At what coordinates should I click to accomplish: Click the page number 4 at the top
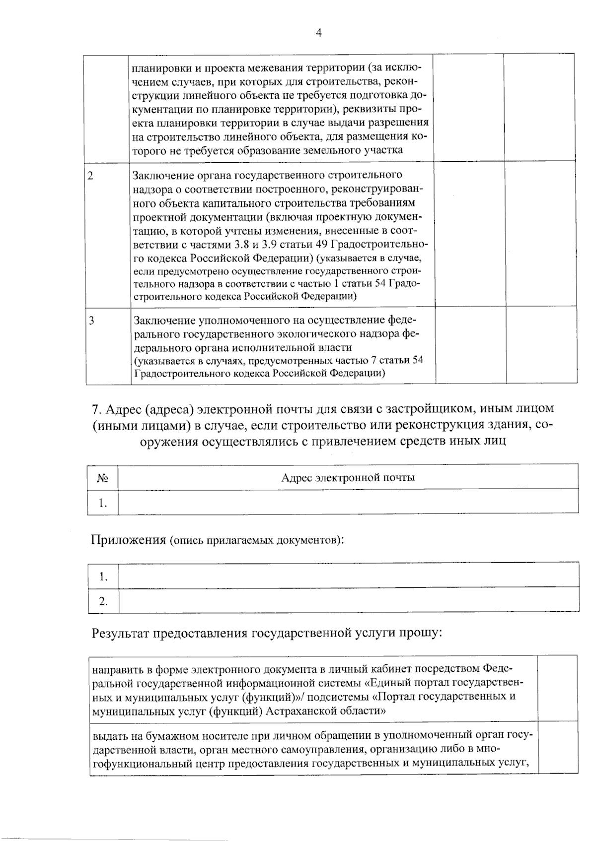pos(318,33)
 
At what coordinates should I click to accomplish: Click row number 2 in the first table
pos(90,176)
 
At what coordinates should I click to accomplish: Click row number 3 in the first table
pos(91,321)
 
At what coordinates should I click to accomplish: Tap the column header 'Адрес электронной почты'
pos(348,477)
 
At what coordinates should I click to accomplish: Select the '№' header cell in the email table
pos(103,478)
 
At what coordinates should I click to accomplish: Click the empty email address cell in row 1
pos(348,502)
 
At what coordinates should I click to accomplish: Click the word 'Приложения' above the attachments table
pos(128,539)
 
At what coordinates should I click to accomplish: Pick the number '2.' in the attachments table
pos(103,601)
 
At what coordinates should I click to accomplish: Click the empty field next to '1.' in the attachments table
pos(348,576)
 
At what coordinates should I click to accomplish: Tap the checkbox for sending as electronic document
pos(558,688)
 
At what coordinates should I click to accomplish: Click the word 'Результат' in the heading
pos(120,633)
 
